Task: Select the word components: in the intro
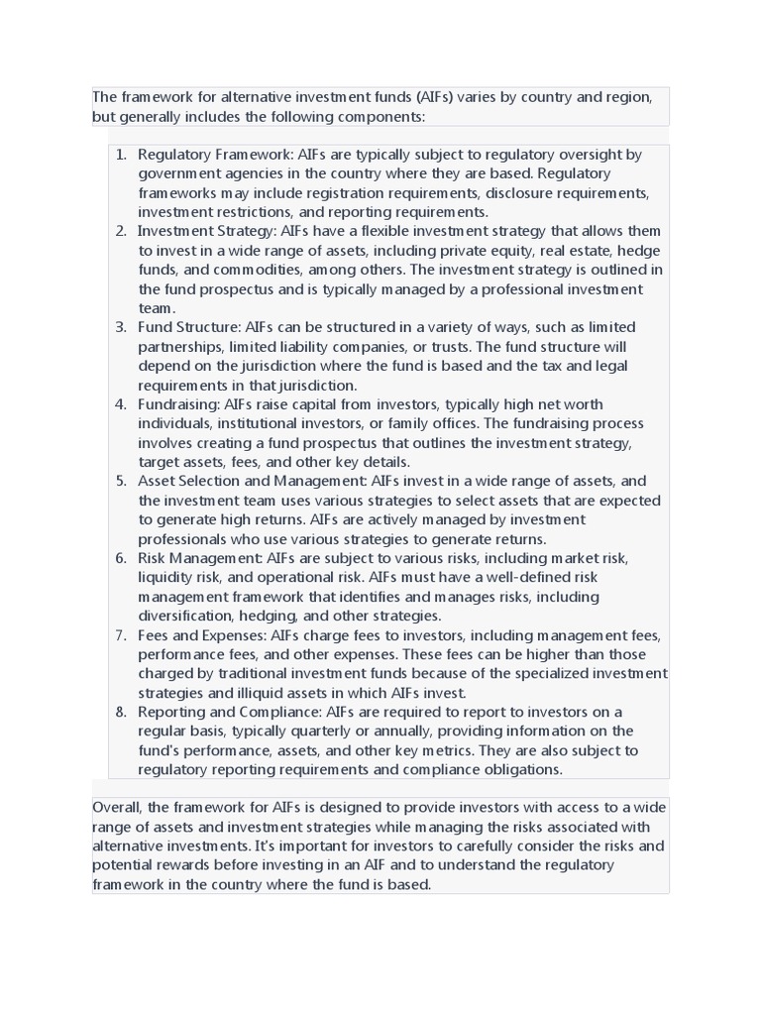tap(381, 116)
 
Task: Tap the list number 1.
tap(121, 155)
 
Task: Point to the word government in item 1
tap(176, 173)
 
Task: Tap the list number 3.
tap(121, 327)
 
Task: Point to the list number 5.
tap(121, 481)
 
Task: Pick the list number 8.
tap(121, 712)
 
